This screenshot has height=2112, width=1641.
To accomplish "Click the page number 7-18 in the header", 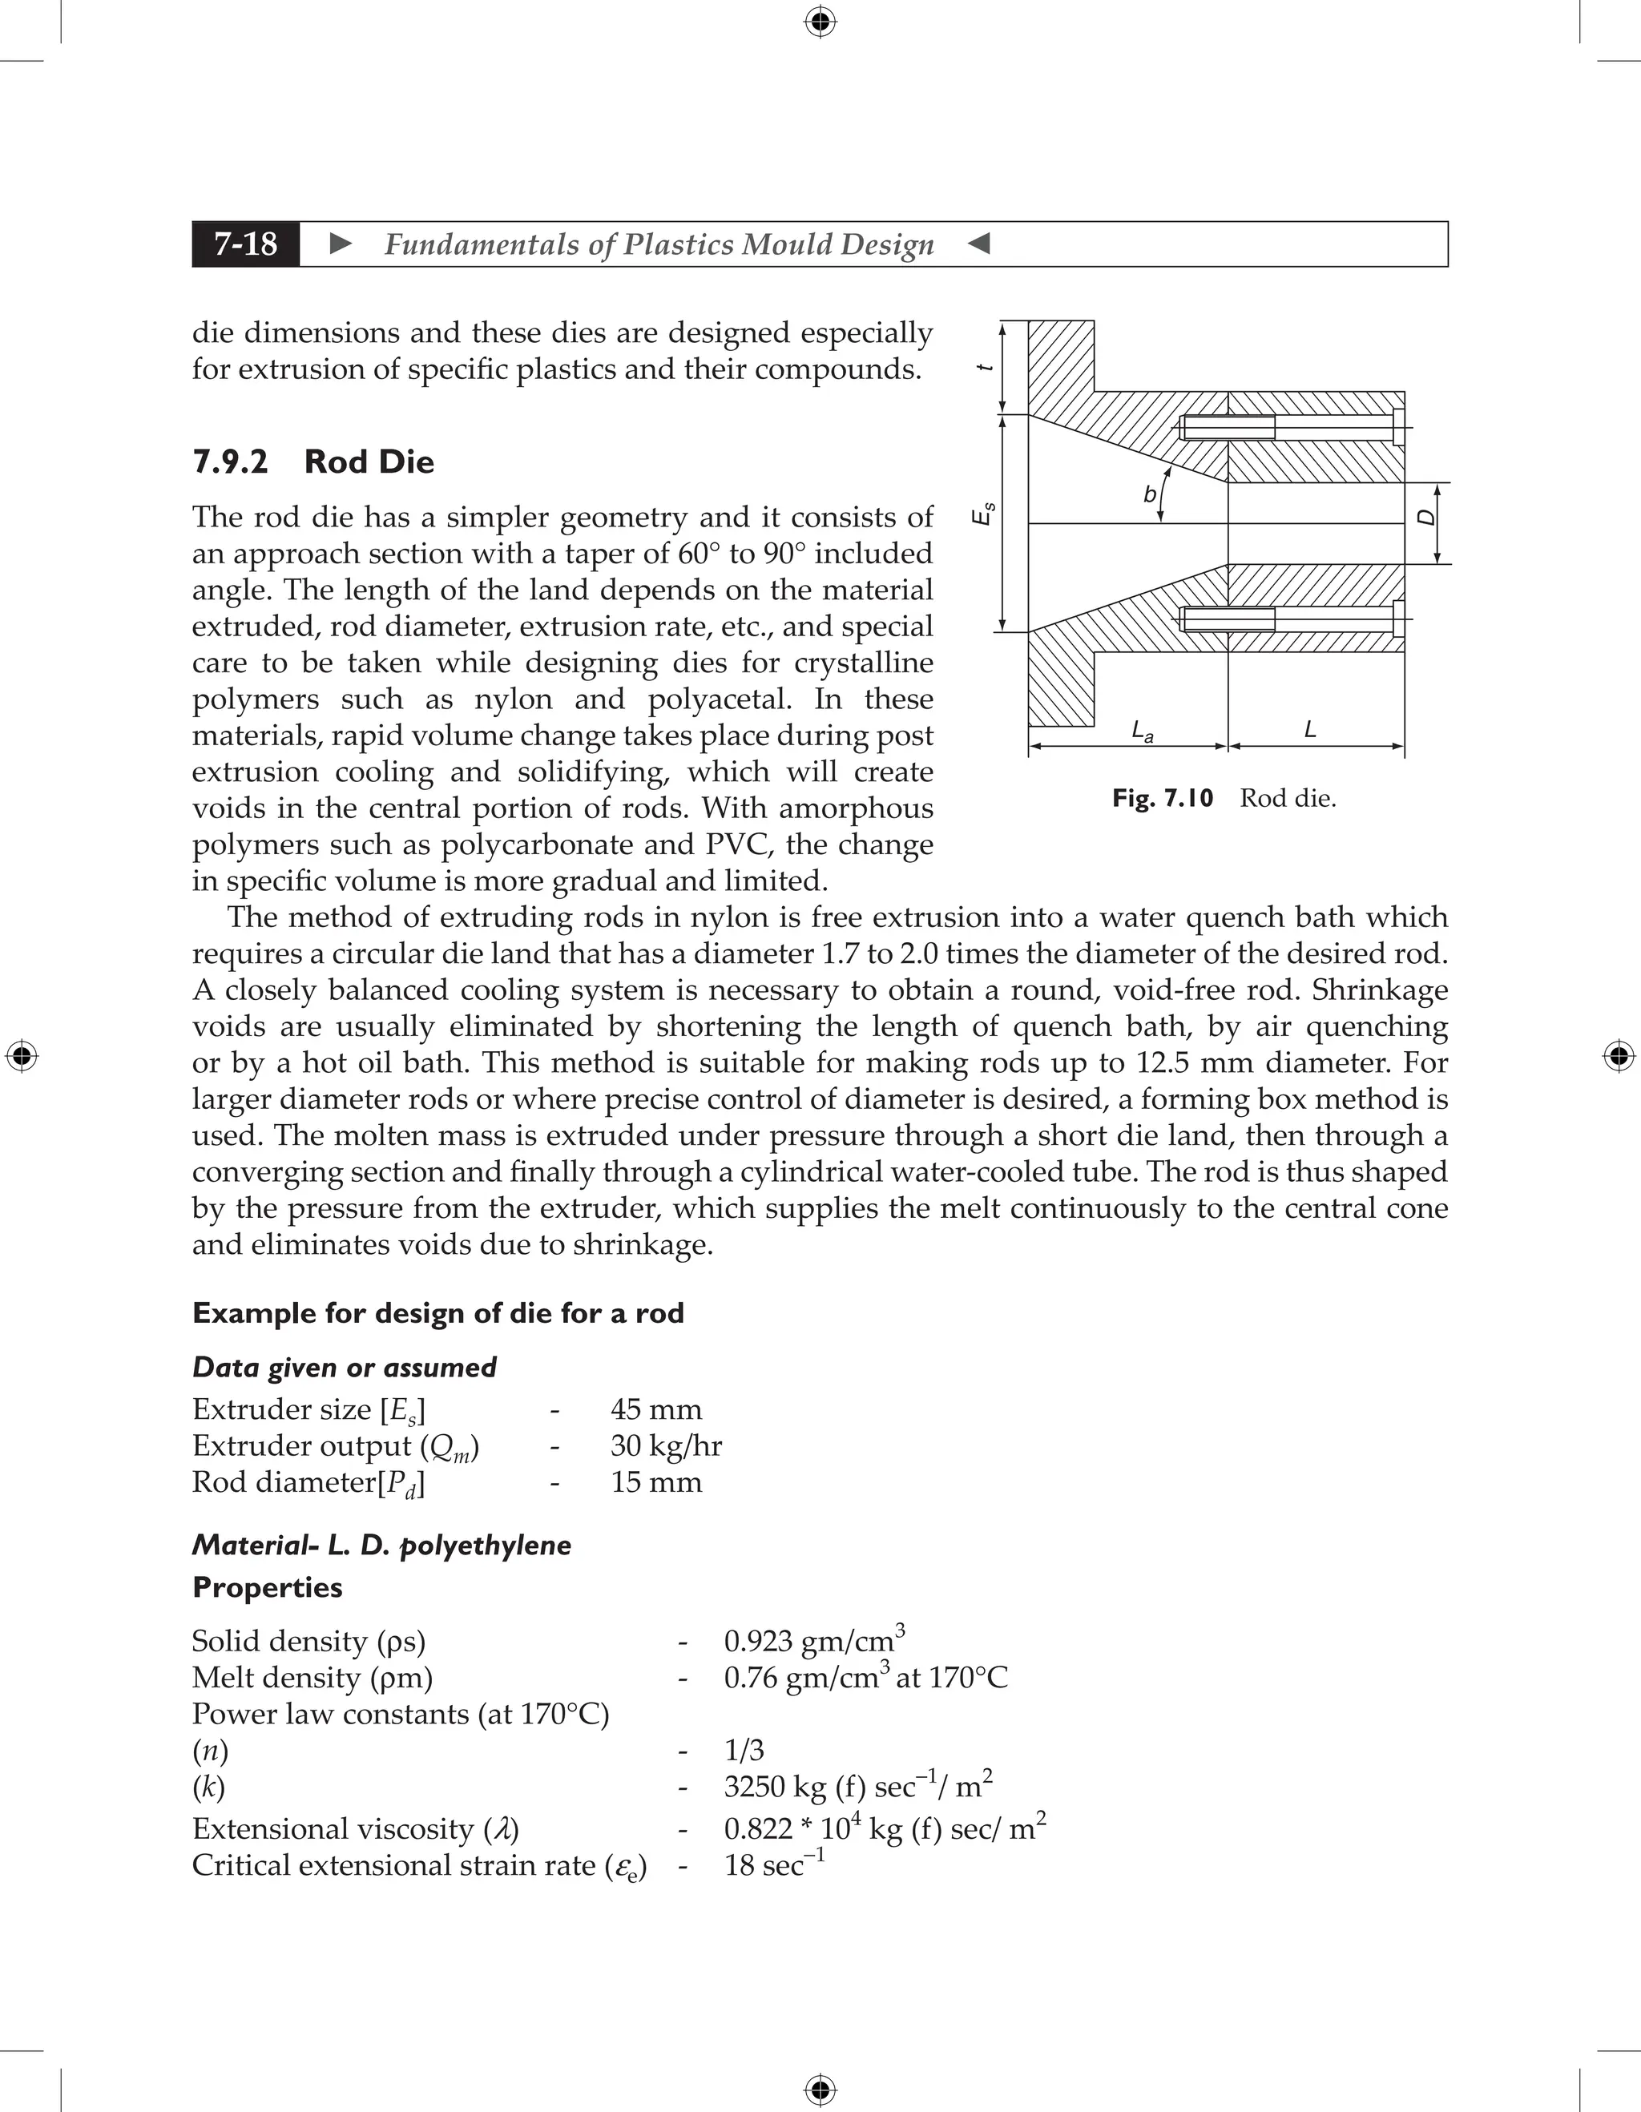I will pos(246,244).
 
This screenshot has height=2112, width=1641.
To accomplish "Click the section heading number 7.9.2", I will pos(230,461).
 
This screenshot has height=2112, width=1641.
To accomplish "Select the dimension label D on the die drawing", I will pos(1426,518).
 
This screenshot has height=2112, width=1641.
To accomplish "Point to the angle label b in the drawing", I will pos(1149,495).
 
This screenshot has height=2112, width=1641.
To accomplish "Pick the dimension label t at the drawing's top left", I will pos(986,368).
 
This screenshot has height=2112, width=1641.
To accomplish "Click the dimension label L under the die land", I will pos(1310,729).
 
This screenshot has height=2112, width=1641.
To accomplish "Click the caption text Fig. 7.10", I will pos(1163,798).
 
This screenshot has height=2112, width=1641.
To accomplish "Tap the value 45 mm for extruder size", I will pos(655,1409).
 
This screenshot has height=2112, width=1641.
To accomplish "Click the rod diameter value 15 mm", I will pos(655,1481).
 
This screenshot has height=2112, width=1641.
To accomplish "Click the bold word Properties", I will pos(267,1587).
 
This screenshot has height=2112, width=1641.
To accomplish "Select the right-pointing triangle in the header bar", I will pos(341,244).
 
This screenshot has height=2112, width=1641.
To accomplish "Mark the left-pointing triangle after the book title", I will pos(978,244).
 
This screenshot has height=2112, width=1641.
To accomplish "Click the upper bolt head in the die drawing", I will pos(1398,426).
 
